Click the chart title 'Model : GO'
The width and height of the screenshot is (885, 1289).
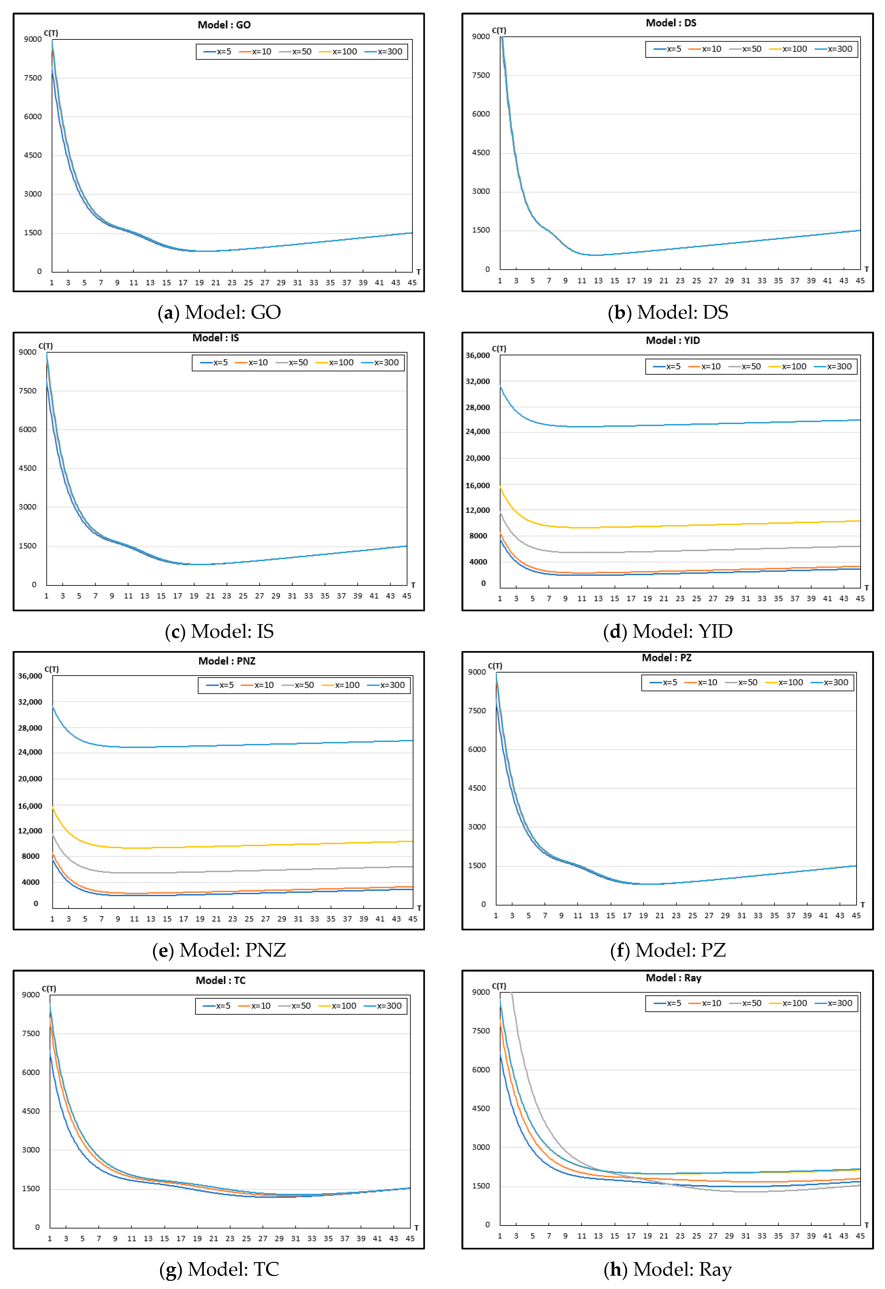click(x=224, y=25)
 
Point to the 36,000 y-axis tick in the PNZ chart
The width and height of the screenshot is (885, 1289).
click(x=30, y=676)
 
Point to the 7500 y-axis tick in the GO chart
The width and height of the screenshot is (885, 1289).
click(x=33, y=78)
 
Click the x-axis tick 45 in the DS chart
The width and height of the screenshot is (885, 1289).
click(x=859, y=281)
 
